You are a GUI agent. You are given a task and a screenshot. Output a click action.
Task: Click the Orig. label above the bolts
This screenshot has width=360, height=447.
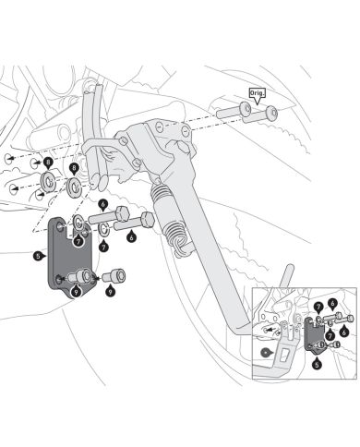(257, 93)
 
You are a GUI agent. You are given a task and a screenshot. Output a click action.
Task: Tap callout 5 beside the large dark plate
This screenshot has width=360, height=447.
(38, 256)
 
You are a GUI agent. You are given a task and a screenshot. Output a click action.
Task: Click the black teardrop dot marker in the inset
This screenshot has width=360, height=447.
(266, 353)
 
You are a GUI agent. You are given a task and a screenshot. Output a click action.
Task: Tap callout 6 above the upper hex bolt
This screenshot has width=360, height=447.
(103, 204)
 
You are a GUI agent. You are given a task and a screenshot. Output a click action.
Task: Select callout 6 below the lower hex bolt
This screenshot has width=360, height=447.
(132, 237)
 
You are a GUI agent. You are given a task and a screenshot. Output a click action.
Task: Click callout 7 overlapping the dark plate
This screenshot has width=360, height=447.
(78, 241)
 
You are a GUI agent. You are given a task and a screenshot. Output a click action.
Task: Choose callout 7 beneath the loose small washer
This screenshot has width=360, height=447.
(103, 247)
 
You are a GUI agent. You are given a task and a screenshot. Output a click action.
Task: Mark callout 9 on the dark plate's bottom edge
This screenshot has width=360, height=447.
(76, 291)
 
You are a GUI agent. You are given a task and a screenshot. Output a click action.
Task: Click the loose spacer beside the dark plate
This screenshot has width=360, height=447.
(114, 275)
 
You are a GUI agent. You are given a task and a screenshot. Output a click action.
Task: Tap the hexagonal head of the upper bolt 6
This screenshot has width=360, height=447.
(122, 213)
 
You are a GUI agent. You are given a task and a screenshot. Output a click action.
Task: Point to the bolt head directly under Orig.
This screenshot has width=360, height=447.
(271, 113)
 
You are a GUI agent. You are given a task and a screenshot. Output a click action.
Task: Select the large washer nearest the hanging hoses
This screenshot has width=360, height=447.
(74, 187)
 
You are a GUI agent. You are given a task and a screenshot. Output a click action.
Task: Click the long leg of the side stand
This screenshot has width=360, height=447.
(212, 247)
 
